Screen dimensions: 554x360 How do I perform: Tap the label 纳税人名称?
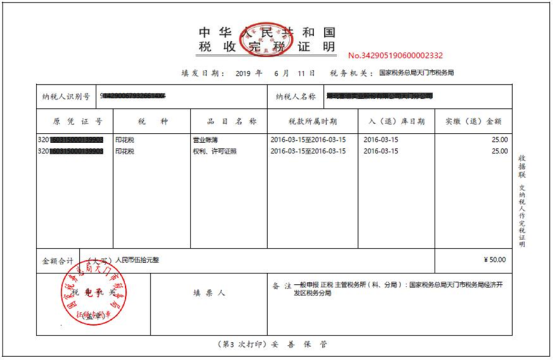[x=294, y=97]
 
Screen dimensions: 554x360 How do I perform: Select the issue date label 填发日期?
[x=200, y=73]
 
